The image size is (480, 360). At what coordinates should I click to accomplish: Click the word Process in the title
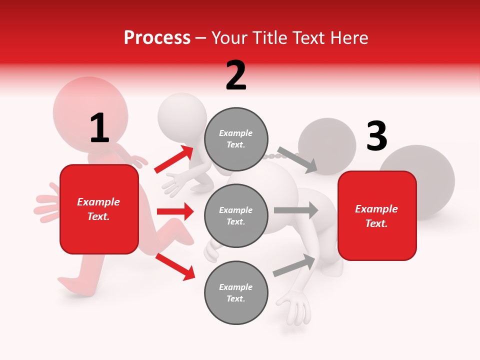(x=157, y=38)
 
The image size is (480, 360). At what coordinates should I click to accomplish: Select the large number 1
(x=99, y=128)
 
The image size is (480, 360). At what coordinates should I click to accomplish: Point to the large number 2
(x=236, y=76)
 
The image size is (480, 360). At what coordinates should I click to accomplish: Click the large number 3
(x=376, y=136)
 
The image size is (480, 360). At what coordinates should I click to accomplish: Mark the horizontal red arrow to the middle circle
(x=175, y=211)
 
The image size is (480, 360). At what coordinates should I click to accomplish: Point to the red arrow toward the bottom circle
(x=175, y=265)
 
